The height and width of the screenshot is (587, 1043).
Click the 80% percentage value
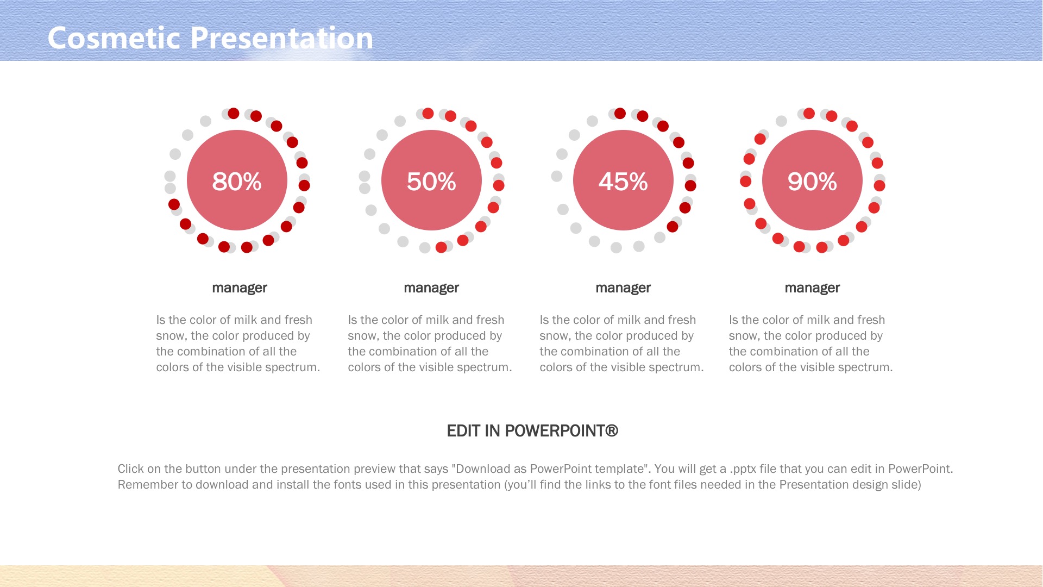(237, 182)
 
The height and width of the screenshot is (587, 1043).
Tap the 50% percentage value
(431, 182)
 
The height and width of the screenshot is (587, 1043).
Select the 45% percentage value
(623, 182)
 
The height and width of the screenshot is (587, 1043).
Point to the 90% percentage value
(812, 182)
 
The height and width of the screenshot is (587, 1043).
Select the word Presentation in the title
(281, 38)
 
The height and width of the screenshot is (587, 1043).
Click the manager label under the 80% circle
(240, 288)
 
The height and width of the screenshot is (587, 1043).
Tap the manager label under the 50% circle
(431, 288)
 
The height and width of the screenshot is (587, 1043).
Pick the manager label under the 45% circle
(623, 288)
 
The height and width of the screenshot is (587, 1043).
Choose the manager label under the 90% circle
(812, 288)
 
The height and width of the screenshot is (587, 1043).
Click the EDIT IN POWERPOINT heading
(532, 431)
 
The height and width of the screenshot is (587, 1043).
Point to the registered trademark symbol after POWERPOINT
(612, 430)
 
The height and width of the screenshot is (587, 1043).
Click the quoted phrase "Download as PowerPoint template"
(551, 469)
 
